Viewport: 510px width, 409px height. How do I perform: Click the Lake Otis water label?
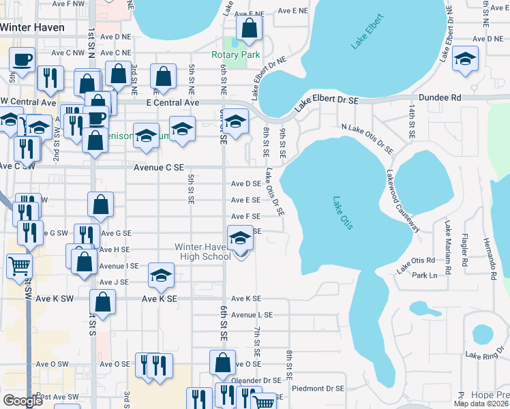342,213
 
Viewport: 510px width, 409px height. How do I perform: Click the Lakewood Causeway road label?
402,200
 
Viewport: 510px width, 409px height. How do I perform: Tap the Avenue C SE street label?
158,167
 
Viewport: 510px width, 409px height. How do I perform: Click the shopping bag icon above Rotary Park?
249,28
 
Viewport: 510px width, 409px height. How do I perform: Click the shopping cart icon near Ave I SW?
19,264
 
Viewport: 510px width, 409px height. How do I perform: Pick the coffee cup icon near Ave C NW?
22,59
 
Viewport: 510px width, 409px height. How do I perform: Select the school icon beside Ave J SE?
161,275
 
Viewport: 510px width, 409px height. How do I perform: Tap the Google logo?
23,401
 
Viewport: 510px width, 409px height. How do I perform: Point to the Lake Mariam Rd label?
448,243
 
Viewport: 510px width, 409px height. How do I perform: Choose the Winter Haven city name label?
33,28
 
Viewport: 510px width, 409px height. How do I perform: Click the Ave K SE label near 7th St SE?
246,299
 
